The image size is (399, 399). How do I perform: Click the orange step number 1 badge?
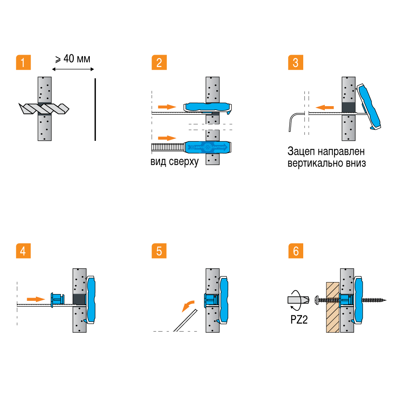23,63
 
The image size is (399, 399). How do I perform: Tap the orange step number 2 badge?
159,63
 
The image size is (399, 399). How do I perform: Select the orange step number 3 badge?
295,63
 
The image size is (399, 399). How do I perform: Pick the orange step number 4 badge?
23,251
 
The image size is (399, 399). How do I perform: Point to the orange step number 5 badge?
159,251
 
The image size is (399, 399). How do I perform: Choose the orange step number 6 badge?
295,251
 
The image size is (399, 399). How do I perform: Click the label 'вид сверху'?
174,163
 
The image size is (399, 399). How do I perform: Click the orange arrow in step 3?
323,107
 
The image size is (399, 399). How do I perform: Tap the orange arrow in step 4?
35,298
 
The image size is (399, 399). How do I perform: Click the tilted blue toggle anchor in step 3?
371,107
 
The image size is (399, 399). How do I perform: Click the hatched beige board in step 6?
333,307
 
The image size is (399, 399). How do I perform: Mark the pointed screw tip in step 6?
385,300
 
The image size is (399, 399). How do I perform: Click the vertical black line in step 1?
95,110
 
